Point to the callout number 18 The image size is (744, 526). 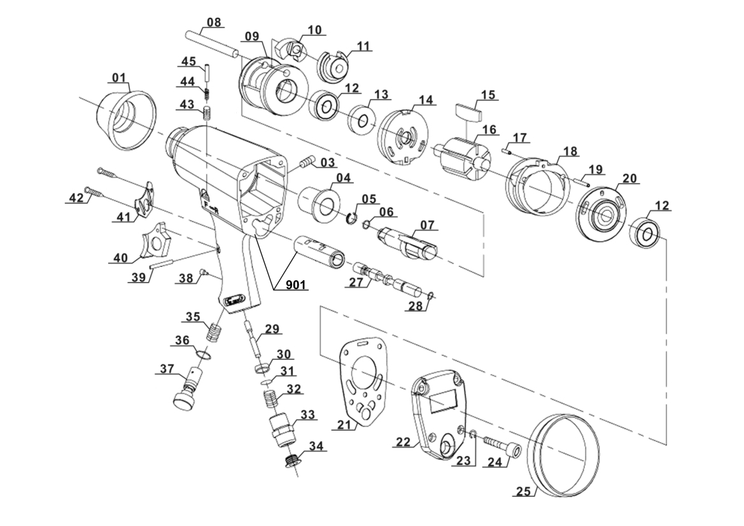[571, 151]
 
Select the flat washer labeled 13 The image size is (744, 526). [363, 120]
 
